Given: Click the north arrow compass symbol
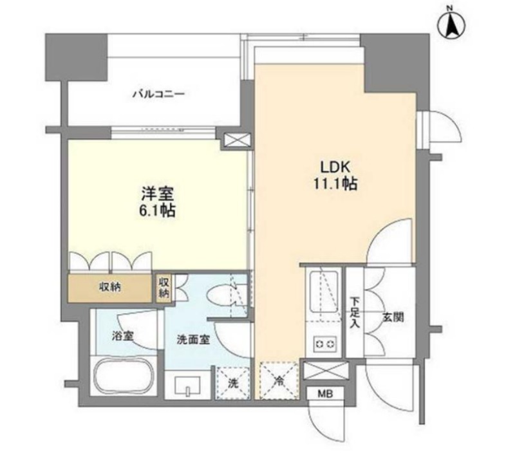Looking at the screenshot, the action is [453, 24].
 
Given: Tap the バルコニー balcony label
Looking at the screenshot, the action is [158, 95].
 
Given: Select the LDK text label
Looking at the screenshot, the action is [335, 168].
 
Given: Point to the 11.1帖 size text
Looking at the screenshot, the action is [335, 184].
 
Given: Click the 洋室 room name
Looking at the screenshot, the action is [158, 194].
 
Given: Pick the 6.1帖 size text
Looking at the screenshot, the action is [158, 210].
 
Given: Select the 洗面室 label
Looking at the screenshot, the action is [193, 340].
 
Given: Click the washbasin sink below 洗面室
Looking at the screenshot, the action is [187, 386].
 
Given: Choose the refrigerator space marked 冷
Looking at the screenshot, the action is [279, 381].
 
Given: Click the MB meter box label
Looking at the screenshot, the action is [326, 394].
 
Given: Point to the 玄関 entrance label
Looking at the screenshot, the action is [393, 317].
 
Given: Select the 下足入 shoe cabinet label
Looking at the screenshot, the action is [355, 312].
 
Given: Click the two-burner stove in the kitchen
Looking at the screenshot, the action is [325, 344].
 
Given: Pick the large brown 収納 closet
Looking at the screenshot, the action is [110, 288].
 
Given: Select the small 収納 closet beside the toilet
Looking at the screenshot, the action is [164, 288].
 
